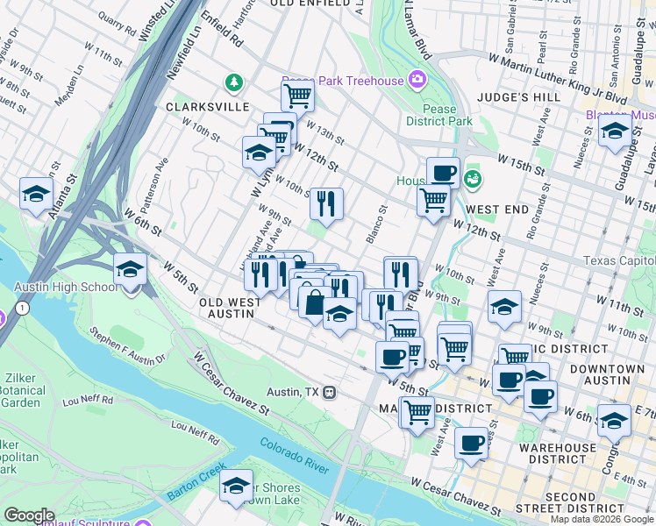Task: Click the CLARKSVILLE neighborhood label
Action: pos(207,106)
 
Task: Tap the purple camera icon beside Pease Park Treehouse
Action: pos(417,80)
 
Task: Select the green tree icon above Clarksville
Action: pos(233,83)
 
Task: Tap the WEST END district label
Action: pos(498,210)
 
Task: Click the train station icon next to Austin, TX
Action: pos(330,392)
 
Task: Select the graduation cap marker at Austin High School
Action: pos(130,270)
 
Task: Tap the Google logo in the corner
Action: pos(29,515)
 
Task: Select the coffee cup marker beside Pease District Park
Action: pos(443,172)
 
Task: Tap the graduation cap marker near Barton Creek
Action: pos(236,486)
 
